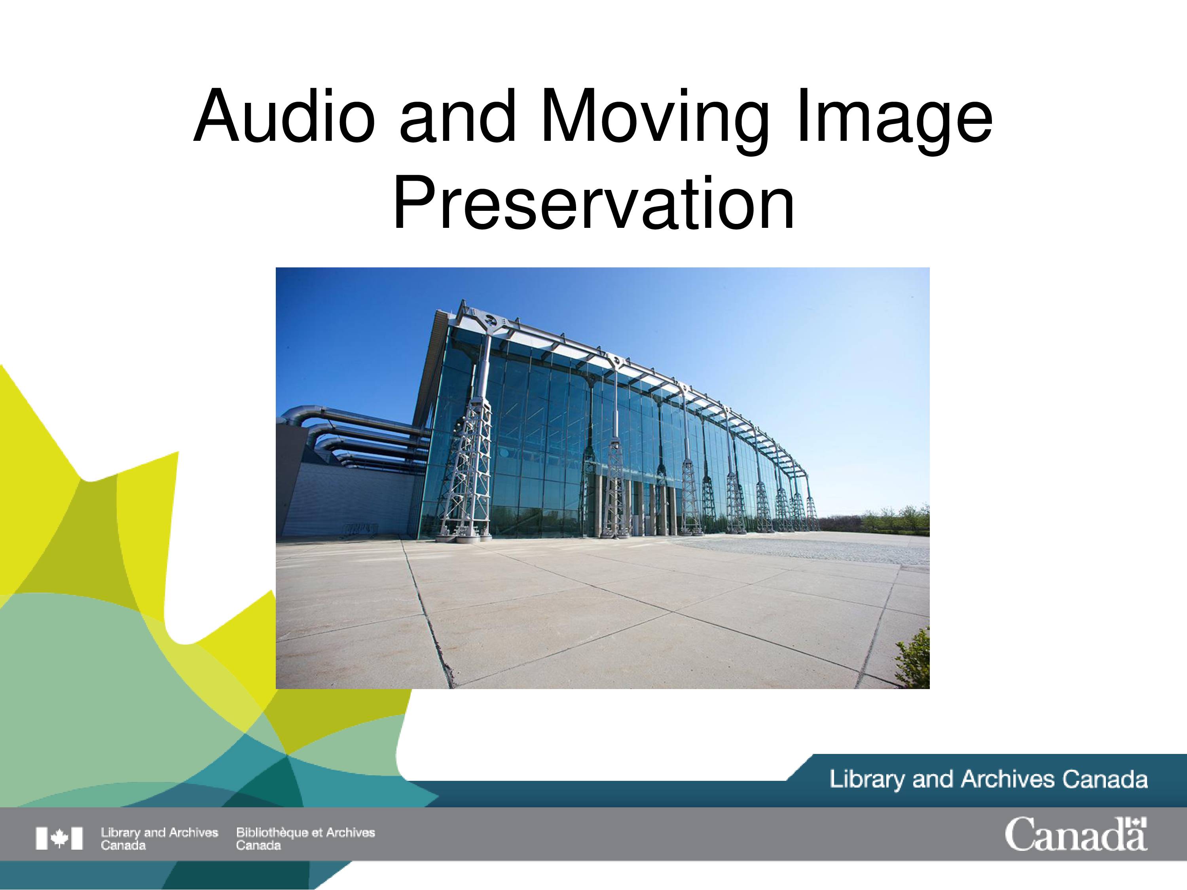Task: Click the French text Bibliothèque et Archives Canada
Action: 305,839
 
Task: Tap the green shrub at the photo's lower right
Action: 913,657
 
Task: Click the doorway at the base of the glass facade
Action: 637,523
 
